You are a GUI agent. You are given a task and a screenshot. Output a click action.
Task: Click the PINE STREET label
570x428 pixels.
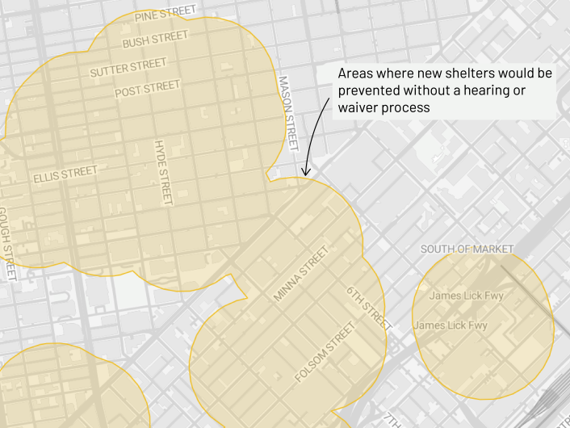point(166,15)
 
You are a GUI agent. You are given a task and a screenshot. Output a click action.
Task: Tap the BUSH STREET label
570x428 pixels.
point(155,39)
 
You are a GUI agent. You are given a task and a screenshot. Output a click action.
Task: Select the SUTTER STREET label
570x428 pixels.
point(128,68)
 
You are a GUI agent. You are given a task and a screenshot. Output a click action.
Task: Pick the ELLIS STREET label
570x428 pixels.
point(65,174)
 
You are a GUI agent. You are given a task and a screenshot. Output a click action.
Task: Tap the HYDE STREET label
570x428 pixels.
point(163,172)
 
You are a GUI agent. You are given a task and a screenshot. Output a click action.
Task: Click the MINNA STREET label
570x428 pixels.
point(301,274)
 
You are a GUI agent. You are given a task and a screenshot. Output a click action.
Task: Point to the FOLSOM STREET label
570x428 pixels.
point(325,353)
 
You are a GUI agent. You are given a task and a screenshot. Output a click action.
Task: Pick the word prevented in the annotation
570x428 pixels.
point(368,90)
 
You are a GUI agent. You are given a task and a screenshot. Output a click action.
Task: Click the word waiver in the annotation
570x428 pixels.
point(358,107)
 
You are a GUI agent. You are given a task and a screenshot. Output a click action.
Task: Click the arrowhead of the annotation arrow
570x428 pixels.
point(305,171)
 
